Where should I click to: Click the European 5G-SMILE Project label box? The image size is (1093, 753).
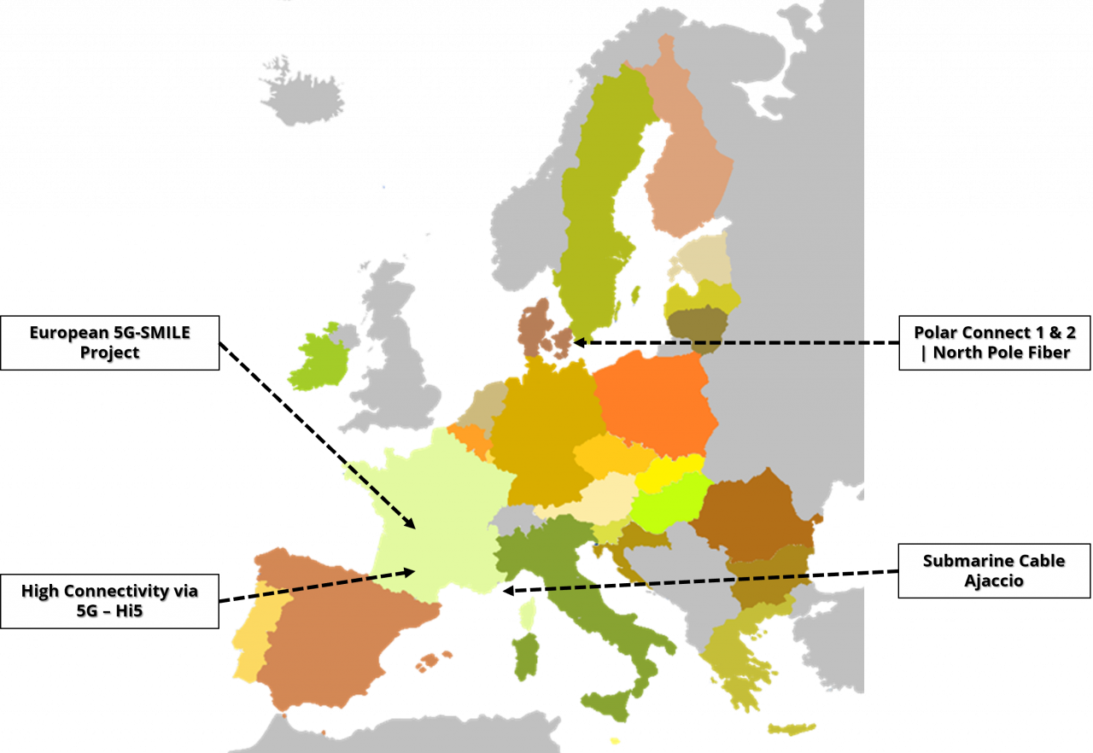[109, 342]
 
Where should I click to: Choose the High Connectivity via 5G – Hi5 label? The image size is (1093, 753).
[109, 600]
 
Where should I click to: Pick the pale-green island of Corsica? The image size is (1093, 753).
[529, 611]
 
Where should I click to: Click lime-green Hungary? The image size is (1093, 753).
[669, 505]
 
